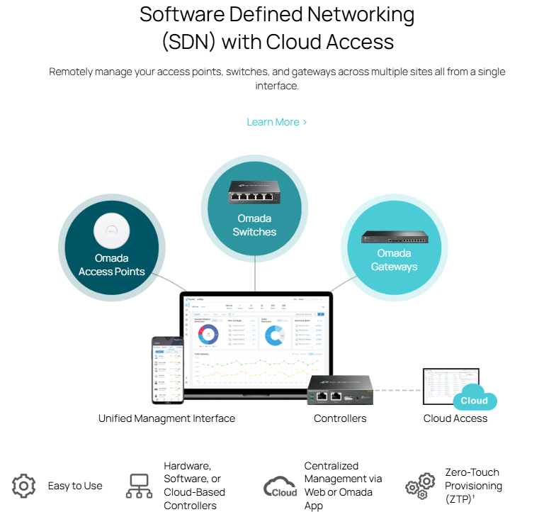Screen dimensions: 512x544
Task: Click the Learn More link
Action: (276, 122)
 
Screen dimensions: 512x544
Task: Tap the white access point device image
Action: (112, 230)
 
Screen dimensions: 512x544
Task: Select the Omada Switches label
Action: (254, 225)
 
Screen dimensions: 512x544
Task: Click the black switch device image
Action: (254, 191)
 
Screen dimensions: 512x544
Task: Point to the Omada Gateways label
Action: (394, 260)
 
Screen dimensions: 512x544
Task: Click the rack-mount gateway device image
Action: (394, 238)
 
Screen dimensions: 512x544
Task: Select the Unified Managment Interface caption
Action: (166, 418)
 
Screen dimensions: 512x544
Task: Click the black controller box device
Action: (340, 391)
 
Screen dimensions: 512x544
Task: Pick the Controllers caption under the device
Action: (340, 418)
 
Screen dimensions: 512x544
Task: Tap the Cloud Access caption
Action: (455, 418)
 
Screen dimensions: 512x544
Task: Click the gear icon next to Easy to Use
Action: (24, 486)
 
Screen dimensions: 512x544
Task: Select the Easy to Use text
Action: (75, 486)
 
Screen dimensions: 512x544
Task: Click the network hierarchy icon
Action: (139, 486)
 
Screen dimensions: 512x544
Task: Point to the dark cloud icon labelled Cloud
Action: (280, 486)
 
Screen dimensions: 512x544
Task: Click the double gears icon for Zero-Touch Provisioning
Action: (420, 486)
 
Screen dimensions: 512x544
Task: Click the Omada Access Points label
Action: (112, 265)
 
